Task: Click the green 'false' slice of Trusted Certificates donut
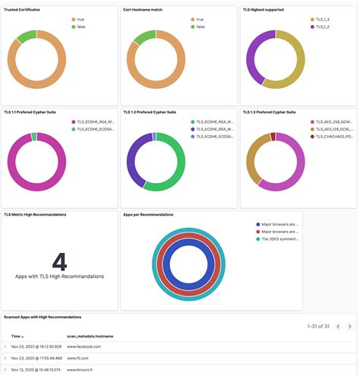(x=27, y=36)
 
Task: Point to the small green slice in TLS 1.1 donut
(x=34, y=137)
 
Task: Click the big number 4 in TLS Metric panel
(x=59, y=261)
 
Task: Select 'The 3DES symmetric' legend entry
(x=283, y=240)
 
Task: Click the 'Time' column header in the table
(x=16, y=335)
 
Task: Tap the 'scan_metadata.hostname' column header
(x=90, y=335)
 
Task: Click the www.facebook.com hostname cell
(x=84, y=346)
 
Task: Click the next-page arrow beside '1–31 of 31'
(x=349, y=326)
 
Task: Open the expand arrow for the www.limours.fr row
(x=5, y=369)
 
